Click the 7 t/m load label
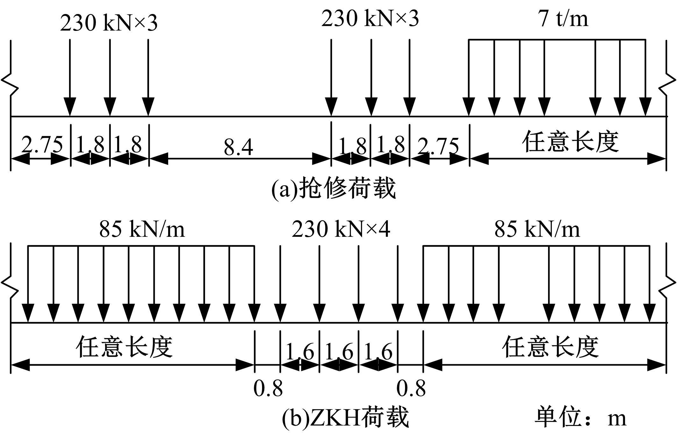click(x=563, y=18)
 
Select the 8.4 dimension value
click(x=239, y=147)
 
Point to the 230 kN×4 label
click(x=341, y=229)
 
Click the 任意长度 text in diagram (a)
click(x=570, y=141)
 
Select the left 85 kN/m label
click(x=142, y=229)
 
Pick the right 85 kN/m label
click(x=537, y=229)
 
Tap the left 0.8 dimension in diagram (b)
click(x=268, y=388)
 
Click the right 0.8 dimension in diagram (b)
click(x=411, y=388)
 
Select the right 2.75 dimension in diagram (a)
click(x=438, y=146)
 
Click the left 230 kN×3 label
click(x=109, y=23)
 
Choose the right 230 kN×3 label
click(x=370, y=18)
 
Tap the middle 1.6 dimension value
click(x=339, y=351)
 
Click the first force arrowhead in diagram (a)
click(x=70, y=107)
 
